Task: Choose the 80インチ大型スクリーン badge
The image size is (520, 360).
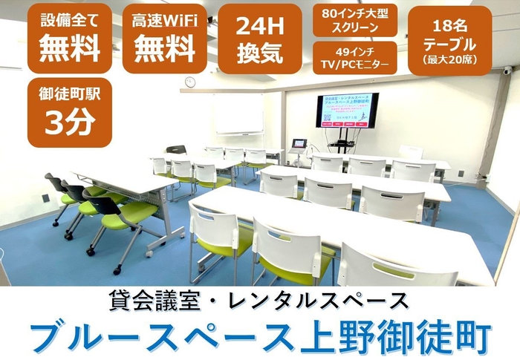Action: (355, 20)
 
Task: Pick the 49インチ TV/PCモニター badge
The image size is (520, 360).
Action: (355, 57)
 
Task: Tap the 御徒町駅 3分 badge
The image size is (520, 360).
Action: (69, 112)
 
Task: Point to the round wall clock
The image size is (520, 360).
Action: (189, 82)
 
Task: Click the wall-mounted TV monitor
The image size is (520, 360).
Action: (347, 111)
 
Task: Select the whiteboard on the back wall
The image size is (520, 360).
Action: (239, 114)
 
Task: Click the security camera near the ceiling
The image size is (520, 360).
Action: (507, 71)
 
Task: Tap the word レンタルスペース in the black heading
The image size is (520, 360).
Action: (332, 301)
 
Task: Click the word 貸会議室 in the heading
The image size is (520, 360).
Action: (152, 301)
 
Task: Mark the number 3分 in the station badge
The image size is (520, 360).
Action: (69, 124)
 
